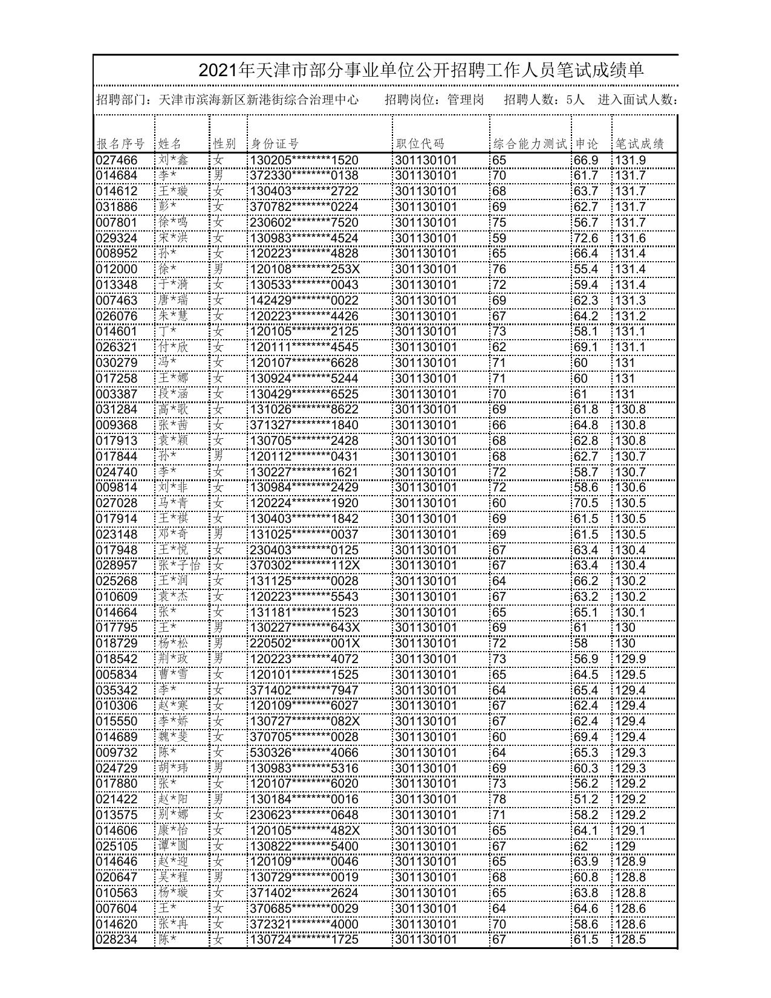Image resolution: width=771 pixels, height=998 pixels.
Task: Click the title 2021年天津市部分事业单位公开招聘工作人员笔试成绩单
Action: point(421,71)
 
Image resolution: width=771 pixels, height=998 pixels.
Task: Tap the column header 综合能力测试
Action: point(530,144)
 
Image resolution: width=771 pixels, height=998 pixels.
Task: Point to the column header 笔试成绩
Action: point(640,144)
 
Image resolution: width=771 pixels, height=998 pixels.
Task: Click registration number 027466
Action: point(117,160)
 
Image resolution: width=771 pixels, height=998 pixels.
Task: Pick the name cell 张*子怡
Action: point(180,565)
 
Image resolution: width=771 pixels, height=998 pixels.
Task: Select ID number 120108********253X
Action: point(304,269)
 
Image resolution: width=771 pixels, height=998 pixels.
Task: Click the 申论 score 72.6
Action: point(586,238)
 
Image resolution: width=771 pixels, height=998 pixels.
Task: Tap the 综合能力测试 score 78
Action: point(499,799)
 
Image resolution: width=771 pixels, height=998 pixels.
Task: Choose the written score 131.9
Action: point(631,160)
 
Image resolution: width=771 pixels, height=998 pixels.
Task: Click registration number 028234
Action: point(117,939)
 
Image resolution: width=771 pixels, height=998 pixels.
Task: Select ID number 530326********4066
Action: point(304,753)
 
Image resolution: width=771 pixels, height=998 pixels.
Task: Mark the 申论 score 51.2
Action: point(586,799)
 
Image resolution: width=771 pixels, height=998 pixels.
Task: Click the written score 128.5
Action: point(631,939)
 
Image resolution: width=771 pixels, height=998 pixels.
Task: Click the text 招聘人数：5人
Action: point(544,100)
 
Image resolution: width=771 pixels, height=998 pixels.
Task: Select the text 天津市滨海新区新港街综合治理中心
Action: point(258,100)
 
